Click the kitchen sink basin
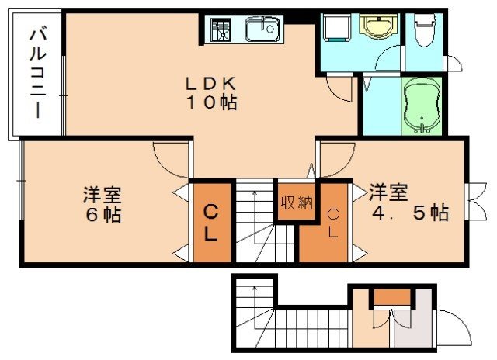262,30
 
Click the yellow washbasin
378,27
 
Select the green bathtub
422,105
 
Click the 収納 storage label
296,203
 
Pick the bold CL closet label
211,221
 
